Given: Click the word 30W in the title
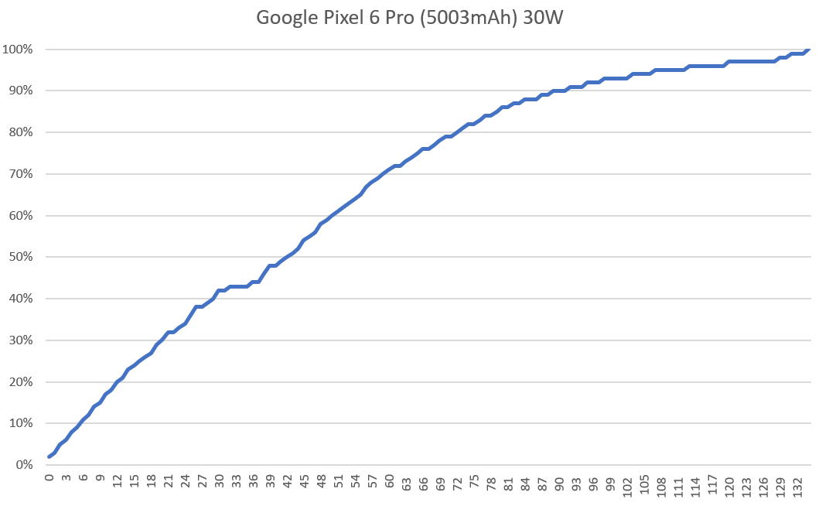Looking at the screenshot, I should pyautogui.click(x=541, y=17).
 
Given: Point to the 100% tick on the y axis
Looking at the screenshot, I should pyautogui.click(x=17, y=50).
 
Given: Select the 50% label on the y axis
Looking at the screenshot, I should pyautogui.click(x=19, y=257).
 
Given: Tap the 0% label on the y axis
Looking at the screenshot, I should pyautogui.click(x=22, y=465).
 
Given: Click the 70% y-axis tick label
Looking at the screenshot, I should pyautogui.click(x=19, y=174).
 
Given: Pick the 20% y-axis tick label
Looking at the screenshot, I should pyautogui.click(x=19, y=381).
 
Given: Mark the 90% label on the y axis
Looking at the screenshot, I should pyautogui.click(x=19, y=91).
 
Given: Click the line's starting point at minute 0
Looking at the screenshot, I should pyautogui.click(x=49, y=456).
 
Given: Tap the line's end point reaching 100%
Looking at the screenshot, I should pyautogui.click(x=809, y=50).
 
